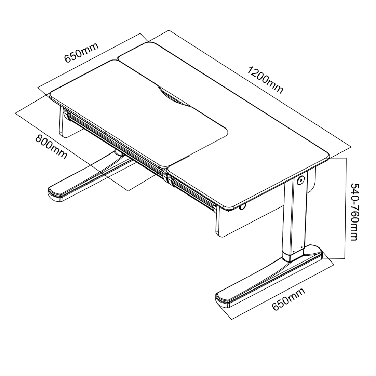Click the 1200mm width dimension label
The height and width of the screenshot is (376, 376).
[265, 80]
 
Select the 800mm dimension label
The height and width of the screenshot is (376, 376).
[51, 147]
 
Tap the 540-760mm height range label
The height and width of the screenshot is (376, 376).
[354, 212]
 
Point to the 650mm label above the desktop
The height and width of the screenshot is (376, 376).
[81, 53]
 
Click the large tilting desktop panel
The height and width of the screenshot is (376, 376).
[139, 113]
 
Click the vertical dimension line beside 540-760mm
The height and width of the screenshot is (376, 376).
[346, 208]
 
